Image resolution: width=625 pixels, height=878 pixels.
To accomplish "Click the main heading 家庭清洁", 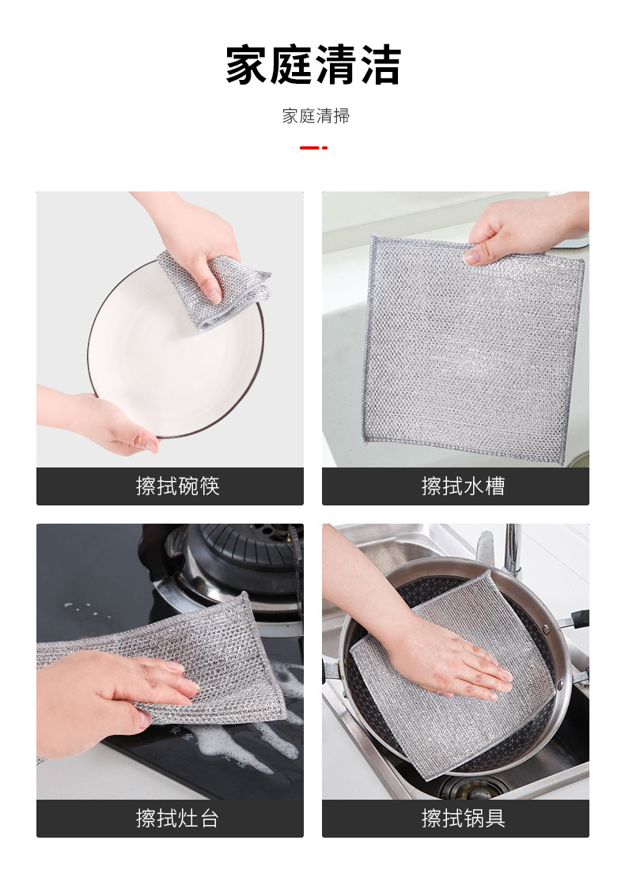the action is [313, 65].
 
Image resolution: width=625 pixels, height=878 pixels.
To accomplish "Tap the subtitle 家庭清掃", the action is [316, 116].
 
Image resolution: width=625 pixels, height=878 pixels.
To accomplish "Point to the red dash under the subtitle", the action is [313, 148].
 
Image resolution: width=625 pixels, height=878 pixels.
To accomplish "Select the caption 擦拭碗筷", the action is [177, 486].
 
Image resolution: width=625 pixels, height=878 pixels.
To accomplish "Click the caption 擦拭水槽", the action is [463, 486].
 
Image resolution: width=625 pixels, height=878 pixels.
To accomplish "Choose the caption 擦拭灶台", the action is [177, 819].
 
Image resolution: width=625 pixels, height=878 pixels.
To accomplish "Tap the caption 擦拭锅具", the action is [463, 819].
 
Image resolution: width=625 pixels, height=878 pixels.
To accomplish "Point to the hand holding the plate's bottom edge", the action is [100, 417].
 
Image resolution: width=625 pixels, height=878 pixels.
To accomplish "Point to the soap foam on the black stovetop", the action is [263, 728].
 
